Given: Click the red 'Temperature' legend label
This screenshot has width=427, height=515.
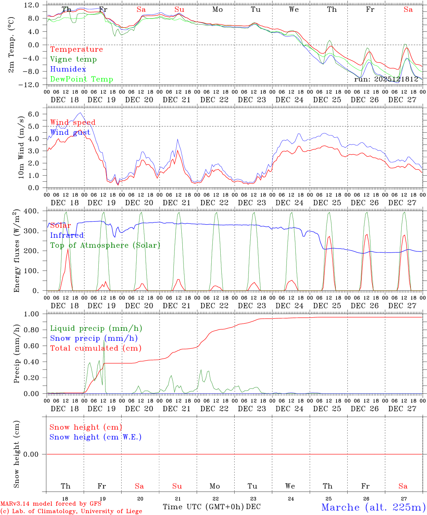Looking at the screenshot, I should point(77,49).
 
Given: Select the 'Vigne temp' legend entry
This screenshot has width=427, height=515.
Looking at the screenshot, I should point(73,59).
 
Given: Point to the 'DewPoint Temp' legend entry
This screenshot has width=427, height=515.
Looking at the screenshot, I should point(82,79).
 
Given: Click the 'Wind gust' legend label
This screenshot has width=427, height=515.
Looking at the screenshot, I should point(70,133).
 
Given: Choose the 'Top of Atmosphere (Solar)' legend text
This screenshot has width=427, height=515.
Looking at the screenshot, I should point(105,245).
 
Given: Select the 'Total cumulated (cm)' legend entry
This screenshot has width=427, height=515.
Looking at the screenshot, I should point(95,348).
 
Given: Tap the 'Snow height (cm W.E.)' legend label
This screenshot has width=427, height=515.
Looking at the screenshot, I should point(95,437).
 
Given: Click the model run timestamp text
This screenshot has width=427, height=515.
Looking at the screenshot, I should point(386,79).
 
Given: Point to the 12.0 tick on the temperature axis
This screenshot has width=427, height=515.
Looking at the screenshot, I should point(32,5).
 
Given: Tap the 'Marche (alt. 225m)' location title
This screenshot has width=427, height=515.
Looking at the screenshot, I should point(373,507).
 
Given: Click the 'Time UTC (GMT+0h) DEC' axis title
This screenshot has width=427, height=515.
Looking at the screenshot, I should point(212,507).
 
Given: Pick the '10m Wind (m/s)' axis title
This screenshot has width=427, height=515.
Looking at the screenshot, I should point(21,147).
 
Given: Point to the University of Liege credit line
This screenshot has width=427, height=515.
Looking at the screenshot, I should point(71,511).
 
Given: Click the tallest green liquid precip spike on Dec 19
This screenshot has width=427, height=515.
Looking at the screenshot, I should point(104,340).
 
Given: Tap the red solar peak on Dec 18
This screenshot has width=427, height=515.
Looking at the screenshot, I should point(68,249).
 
